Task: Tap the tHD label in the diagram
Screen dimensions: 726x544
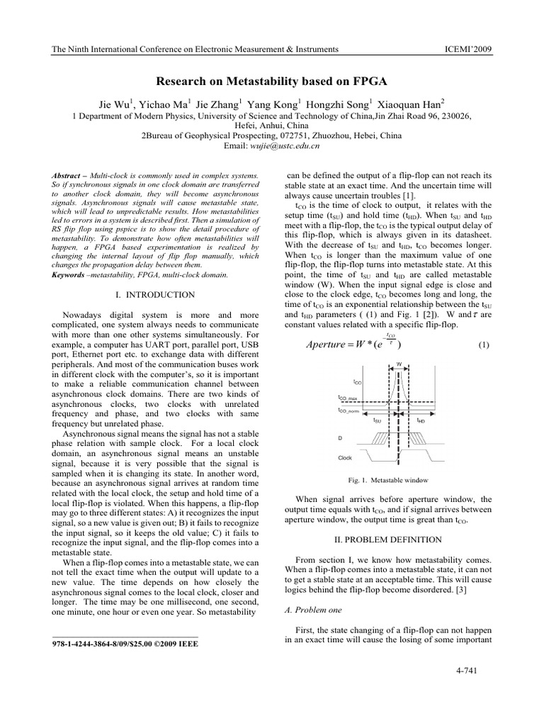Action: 421,420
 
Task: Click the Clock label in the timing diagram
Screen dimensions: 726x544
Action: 346,457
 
